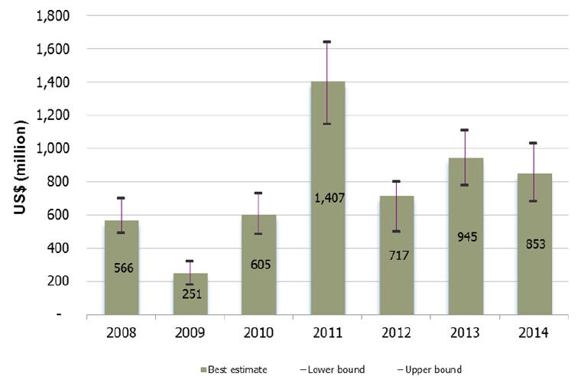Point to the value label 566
click(x=122, y=269)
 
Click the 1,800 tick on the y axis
click(x=54, y=15)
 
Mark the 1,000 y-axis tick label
click(x=54, y=148)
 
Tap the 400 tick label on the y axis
click(x=60, y=248)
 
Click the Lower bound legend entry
click(x=336, y=369)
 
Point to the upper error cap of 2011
click(x=327, y=41)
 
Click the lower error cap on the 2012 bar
click(x=396, y=231)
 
